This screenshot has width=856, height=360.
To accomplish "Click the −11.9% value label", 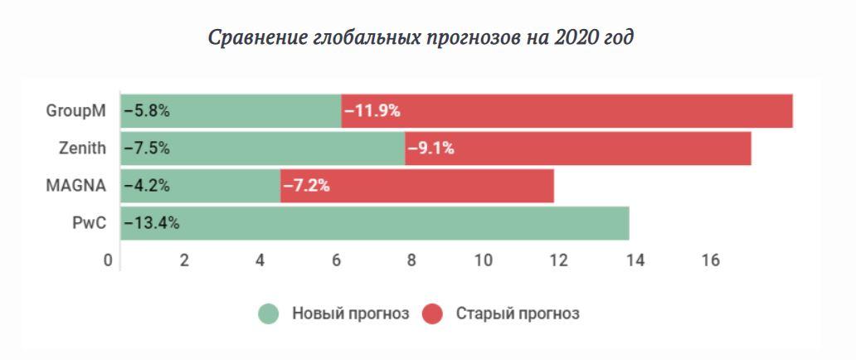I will coord(372,111).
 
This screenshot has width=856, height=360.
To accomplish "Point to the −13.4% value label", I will coord(152,223).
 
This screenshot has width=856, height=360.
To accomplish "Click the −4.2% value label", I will coord(147,186).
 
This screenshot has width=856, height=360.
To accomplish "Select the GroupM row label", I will coord(76,111).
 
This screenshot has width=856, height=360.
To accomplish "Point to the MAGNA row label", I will coord(76,186).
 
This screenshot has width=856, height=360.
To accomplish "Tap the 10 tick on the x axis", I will coord(484,260).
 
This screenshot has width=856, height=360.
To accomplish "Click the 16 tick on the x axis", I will coord(710,260).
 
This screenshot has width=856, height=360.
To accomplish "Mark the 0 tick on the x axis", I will coord(108,260).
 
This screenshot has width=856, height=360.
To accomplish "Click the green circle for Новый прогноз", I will coord(268,314).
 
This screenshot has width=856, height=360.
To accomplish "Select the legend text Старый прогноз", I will coord(518,314).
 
